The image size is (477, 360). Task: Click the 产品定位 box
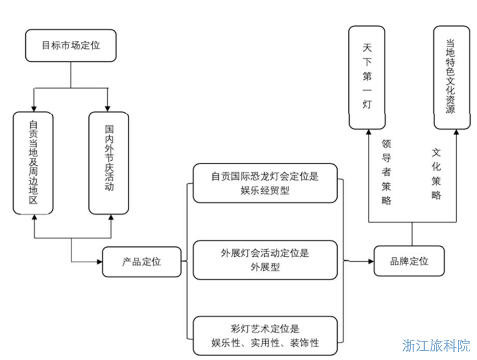(142, 262)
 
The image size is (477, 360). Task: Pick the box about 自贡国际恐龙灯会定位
(265, 183)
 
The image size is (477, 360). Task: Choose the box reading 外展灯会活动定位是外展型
(265, 260)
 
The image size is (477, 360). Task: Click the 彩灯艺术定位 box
(265, 336)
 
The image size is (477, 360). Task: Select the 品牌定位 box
(409, 261)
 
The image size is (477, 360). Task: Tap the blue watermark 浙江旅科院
(436, 346)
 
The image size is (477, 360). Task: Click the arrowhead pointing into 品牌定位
(370, 261)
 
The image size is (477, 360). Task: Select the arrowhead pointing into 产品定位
(99, 262)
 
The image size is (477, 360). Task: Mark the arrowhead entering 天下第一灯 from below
(367, 133)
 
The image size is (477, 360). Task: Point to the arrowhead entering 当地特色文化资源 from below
(456, 133)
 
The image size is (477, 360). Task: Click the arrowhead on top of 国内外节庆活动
(108, 109)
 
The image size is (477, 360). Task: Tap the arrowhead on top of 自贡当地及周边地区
(34, 109)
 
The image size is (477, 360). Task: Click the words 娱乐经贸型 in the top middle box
(265, 191)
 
